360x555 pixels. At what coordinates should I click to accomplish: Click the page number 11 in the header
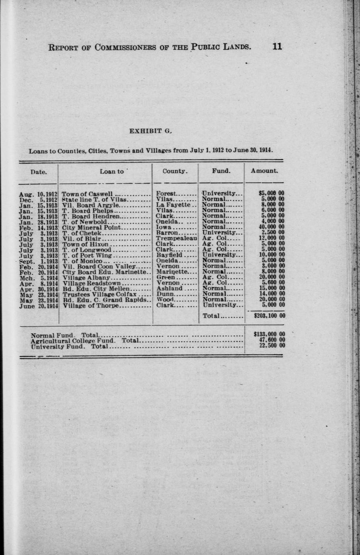tap(277, 46)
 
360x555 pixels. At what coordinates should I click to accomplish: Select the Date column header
tap(39, 171)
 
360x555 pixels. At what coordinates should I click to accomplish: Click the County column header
tap(175, 171)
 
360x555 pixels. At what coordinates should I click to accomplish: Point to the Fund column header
tap(221, 171)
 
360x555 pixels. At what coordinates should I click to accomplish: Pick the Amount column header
tap(264, 171)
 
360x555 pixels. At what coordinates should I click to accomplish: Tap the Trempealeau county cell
tap(176, 238)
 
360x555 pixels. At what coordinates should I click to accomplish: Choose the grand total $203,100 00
tap(269, 316)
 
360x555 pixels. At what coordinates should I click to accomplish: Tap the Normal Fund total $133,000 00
tap(269, 334)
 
